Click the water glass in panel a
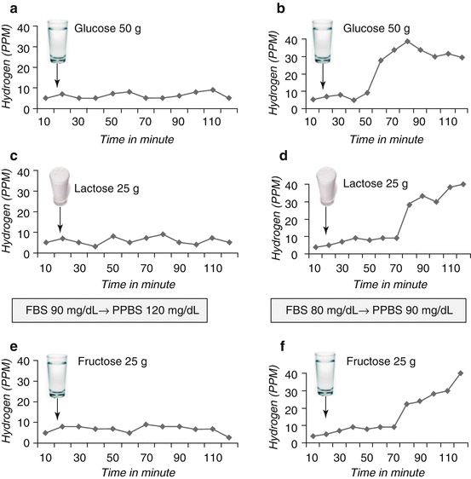pyautogui.click(x=58, y=41)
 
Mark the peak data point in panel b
pyautogui.click(x=408, y=41)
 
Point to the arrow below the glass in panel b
pyautogui.click(x=324, y=78)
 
